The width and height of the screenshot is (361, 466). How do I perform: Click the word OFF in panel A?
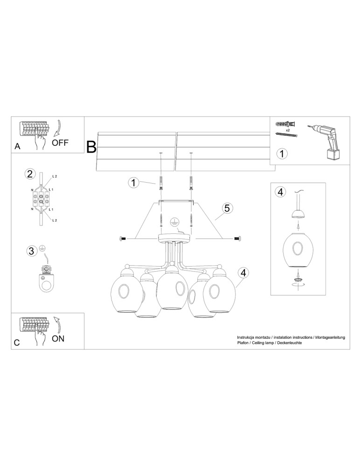tap(60, 143)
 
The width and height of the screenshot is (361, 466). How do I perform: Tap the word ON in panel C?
tap(58, 339)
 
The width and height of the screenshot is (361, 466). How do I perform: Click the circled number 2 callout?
tap(30, 174)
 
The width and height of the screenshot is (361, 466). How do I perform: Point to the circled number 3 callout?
tap(31, 252)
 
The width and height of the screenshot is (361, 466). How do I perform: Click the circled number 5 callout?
tap(226, 208)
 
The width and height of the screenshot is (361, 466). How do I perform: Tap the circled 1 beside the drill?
tap(282, 153)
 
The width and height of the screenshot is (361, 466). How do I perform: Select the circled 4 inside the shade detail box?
tap(280, 192)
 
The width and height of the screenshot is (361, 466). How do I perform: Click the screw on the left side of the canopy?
tap(124, 239)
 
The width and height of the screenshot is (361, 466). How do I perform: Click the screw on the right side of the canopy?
tap(237, 239)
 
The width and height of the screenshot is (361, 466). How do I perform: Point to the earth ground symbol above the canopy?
tap(174, 222)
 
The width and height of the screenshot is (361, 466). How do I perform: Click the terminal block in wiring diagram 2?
tap(41, 199)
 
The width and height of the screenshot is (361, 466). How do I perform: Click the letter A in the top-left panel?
tap(17, 146)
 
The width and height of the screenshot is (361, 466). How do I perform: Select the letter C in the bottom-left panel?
tap(17, 343)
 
